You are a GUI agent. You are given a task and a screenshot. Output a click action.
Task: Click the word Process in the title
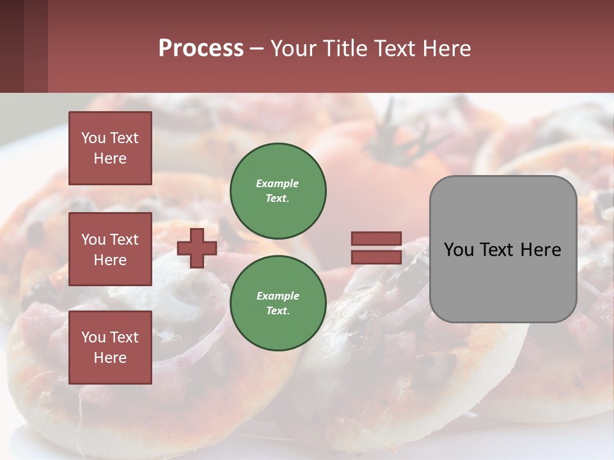201,49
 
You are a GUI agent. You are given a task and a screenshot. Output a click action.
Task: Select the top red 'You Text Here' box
110,148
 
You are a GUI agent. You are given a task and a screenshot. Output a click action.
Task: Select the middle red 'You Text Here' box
110,249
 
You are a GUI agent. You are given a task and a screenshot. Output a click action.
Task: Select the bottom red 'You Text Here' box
110,348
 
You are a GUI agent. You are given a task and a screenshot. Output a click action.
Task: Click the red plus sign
197,248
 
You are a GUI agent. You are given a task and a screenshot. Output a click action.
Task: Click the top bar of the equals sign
376,239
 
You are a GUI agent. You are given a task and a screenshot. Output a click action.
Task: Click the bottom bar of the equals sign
376,257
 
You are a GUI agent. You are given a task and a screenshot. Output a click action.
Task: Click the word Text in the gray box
496,250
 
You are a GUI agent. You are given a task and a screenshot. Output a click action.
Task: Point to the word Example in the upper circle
278,183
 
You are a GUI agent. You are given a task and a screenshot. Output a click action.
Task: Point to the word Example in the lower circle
278,296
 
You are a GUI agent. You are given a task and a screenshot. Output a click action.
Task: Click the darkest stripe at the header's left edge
12,46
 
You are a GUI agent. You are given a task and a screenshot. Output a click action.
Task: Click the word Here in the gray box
540,250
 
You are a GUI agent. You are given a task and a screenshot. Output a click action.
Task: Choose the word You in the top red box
93,138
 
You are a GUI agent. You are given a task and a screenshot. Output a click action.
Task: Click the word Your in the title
295,49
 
